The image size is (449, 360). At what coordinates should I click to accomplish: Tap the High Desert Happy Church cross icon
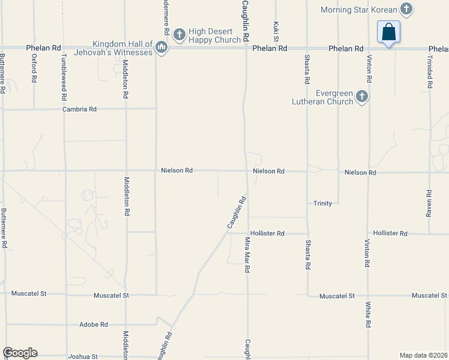coord(179,35)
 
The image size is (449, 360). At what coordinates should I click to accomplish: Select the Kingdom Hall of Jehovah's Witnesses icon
coord(161,47)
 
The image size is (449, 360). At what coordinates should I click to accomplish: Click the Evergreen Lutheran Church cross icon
coord(361,96)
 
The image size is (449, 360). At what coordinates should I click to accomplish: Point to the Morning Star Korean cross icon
coord(406,9)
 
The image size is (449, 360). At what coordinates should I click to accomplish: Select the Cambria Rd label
coord(80,109)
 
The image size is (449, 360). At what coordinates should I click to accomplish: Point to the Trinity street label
coord(322,203)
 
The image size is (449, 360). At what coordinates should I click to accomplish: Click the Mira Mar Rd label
coord(247,255)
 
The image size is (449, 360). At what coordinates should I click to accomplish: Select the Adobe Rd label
coord(93,325)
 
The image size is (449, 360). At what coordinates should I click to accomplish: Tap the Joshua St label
coord(83,356)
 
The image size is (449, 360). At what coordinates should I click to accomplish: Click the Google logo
coord(20,353)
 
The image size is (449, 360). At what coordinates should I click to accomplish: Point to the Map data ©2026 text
coord(423,355)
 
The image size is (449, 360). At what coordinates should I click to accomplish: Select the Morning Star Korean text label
coord(359,10)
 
